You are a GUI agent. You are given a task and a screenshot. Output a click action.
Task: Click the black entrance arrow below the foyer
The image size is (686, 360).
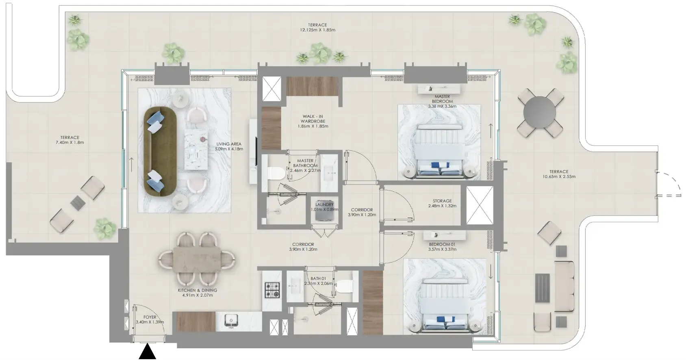(x=147, y=352)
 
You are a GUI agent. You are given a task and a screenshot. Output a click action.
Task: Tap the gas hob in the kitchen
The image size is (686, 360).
(x=272, y=290)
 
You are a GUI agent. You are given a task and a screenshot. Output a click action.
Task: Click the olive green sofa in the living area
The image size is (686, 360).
(x=160, y=152)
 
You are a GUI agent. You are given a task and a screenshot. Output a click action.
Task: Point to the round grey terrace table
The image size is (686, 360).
(x=540, y=112)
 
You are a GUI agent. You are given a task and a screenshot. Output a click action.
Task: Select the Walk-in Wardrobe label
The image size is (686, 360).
(x=313, y=119)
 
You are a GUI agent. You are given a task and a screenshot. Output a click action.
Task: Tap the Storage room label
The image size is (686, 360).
(x=442, y=201)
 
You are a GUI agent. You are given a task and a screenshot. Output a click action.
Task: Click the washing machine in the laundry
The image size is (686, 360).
(x=324, y=211)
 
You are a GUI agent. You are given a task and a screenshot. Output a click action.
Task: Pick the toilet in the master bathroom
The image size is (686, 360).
(x=276, y=173)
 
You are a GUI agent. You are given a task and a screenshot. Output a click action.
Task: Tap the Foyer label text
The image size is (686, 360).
(x=150, y=317)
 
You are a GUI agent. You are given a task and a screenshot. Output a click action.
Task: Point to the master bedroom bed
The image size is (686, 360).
(x=439, y=151)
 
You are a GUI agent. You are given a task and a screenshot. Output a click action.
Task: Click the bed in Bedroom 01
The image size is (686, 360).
(x=445, y=305)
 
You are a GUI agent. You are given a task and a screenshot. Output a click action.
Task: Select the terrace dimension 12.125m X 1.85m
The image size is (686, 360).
(x=317, y=30)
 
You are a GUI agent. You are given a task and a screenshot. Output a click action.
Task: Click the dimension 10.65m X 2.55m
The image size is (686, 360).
(x=559, y=177)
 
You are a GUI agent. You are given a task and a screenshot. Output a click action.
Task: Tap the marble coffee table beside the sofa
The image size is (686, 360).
(x=196, y=150)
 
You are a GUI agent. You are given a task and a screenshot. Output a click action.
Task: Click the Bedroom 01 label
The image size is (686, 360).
(x=442, y=244)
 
